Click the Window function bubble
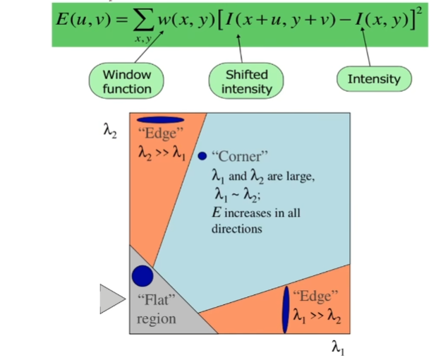pos(126,81)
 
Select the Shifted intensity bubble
pos(246,81)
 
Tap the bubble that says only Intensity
pos(374,79)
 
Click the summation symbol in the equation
pos(143,20)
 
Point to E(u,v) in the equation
pos(83,20)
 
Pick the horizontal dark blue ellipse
pos(161,119)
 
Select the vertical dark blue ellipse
pos(286,310)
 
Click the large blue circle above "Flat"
pos(142,276)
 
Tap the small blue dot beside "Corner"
pos(202,156)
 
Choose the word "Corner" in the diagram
pos(240,156)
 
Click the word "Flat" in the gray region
pos(156,299)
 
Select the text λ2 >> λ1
pos(162,152)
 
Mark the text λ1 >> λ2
pos(317,316)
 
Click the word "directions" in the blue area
pos(237,229)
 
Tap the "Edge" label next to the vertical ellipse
pos(315,296)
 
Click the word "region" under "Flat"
pos(157,319)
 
